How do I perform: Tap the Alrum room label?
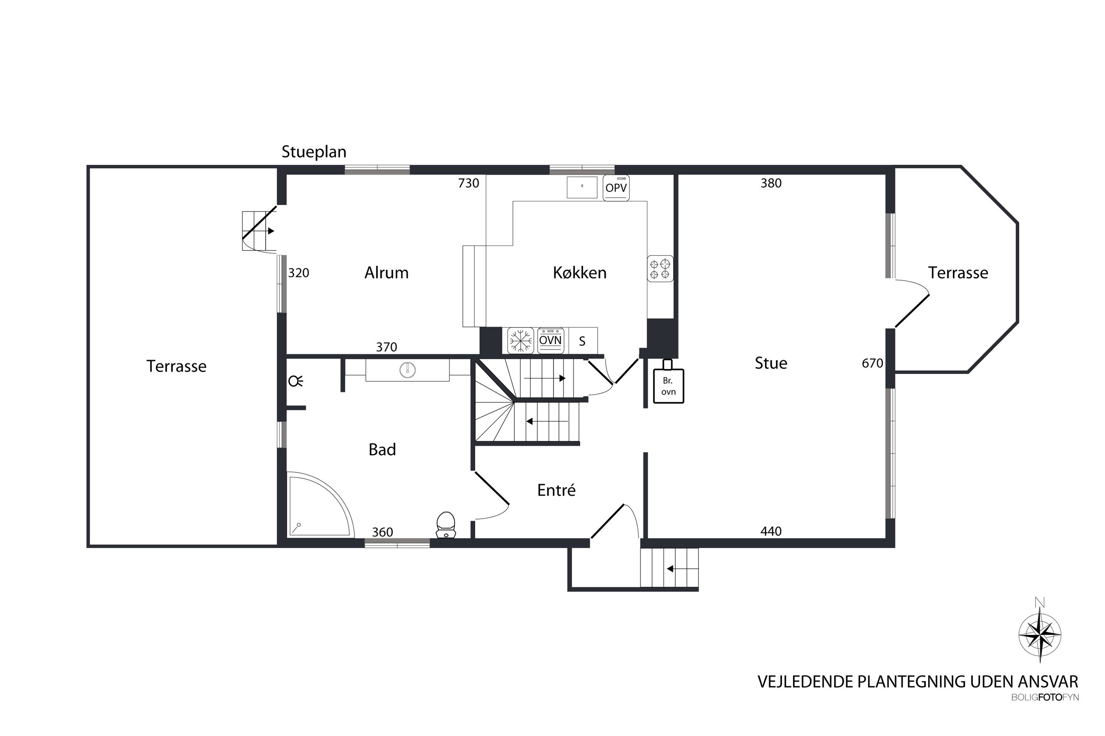[x=386, y=273]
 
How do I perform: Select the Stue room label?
[x=771, y=363]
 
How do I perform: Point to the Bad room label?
[x=382, y=450]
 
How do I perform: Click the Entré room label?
[x=556, y=490]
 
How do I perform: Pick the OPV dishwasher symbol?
[x=616, y=188]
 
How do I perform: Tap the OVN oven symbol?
[x=550, y=340]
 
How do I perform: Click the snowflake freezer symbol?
[x=520, y=340]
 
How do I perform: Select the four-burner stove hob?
[x=660, y=268]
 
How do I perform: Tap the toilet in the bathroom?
[x=446, y=525]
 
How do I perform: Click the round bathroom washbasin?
[x=407, y=370]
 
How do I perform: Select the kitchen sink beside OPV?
[x=582, y=187]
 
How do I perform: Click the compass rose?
[x=1040, y=635]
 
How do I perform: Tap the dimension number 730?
[x=468, y=183]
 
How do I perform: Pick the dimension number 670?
[x=872, y=363]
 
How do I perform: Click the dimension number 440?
[x=771, y=531]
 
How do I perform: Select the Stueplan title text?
[x=314, y=152]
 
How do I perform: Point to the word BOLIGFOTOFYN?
[x=1045, y=697]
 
